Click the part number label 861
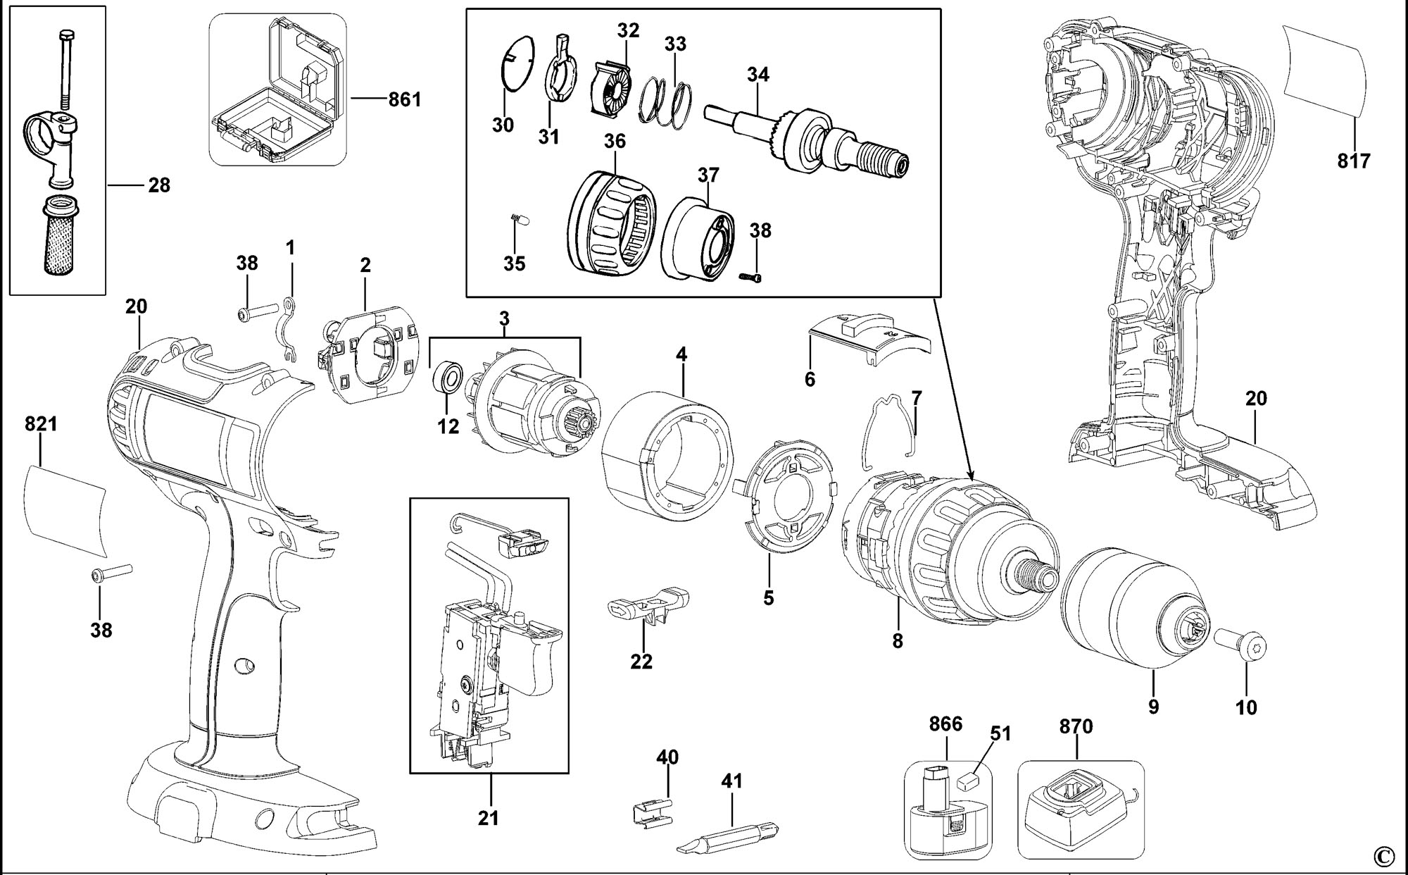[404, 99]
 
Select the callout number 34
[758, 75]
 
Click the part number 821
[41, 424]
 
